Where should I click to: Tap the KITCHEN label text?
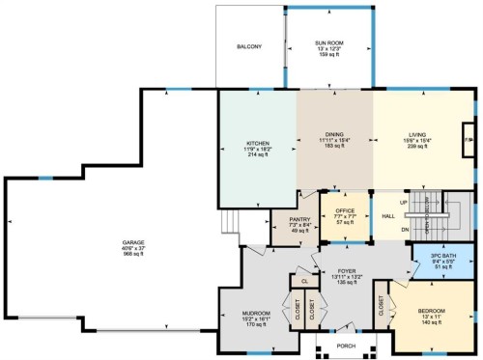pyautogui.click(x=257, y=143)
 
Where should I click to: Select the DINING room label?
pyautogui.click(x=334, y=134)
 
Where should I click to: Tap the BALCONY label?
pyautogui.click(x=251, y=46)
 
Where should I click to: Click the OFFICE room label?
pyautogui.click(x=345, y=209)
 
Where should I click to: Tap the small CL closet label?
pyautogui.click(x=304, y=281)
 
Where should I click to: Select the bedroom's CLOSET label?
pyautogui.click(x=382, y=307)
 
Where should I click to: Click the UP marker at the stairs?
pyautogui.click(x=402, y=203)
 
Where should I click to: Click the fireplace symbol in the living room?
pyautogui.click(x=469, y=147)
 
